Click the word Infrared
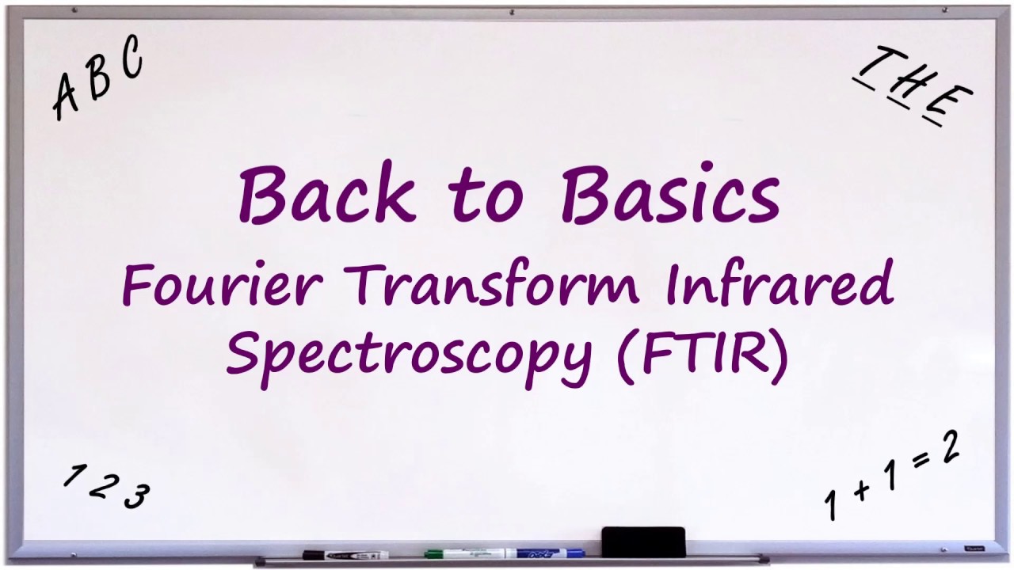(780, 284)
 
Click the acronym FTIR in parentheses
(702, 353)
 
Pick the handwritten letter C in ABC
(130, 59)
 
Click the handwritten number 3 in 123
(136, 496)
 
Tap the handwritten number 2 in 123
(101, 484)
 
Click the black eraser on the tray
(643, 542)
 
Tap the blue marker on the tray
(547, 553)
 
